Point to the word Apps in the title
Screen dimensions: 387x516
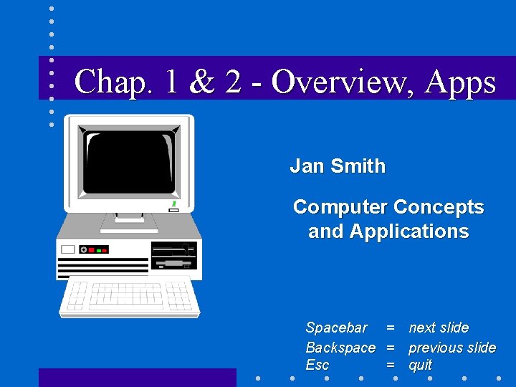(459, 83)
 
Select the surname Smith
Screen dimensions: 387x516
(358, 166)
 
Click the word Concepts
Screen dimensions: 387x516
(437, 207)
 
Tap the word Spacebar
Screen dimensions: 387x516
(336, 328)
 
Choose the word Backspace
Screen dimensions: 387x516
(340, 348)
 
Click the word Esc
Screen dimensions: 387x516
(317, 365)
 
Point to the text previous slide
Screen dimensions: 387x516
(451, 348)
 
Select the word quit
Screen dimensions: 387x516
(421, 365)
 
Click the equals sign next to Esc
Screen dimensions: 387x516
(391, 365)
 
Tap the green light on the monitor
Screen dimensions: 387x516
(174, 204)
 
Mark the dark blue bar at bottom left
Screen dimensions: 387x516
(137, 377)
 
